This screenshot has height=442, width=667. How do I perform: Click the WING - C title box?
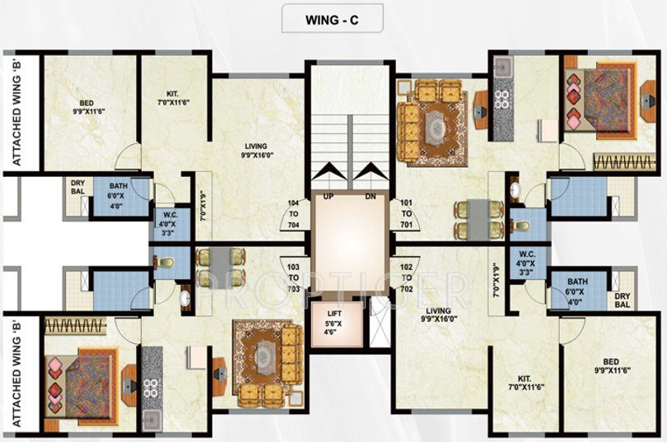[332, 18]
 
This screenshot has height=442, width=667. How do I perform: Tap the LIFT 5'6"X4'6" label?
[334, 322]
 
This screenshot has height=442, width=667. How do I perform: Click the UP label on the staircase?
[328, 197]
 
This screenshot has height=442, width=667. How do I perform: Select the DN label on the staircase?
[371, 197]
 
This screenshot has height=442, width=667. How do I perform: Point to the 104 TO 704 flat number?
[293, 214]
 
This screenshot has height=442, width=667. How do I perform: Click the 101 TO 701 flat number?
[406, 214]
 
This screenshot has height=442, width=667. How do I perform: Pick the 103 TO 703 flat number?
[293, 278]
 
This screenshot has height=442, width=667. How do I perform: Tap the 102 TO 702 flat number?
[406, 278]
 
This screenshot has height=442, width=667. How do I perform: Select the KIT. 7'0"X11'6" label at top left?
[173, 98]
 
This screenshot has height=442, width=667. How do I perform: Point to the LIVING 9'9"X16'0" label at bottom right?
[438, 314]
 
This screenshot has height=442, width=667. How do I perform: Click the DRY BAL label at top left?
[78, 187]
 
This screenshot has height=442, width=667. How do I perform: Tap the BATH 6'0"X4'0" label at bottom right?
[578, 292]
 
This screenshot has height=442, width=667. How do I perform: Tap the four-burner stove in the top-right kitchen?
[503, 99]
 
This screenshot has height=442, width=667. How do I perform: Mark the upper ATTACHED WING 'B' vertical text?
[17, 112]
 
